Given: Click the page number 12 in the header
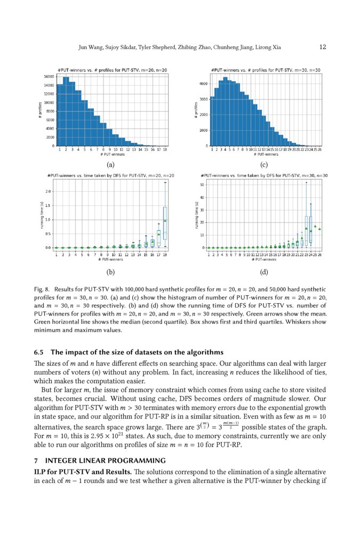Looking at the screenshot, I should coord(323,47).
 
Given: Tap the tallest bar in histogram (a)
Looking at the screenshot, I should coord(66,111).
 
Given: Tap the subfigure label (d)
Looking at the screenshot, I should coord(263,272).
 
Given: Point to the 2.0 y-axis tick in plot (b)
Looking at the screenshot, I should coord(48,191).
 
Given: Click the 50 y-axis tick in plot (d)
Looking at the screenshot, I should coord(202,185).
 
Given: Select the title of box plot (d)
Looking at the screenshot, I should coord(264,175).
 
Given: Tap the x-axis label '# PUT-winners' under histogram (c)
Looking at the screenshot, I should coord(265,154).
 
